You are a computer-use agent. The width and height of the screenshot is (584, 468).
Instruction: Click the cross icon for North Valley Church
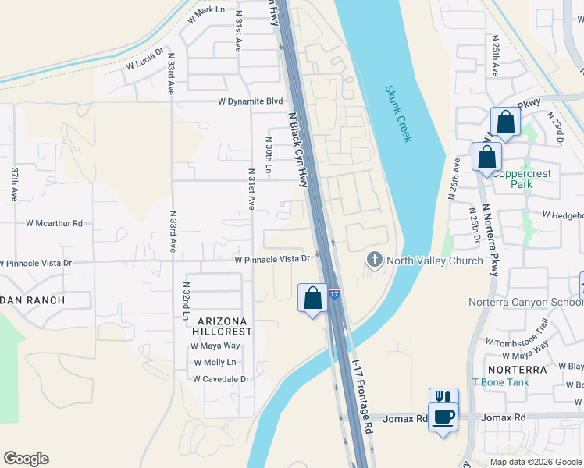click(x=375, y=261)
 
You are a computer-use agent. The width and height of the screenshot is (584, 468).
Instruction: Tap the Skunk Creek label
click(x=397, y=114)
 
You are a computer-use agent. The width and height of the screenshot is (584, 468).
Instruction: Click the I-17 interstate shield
click(x=333, y=294)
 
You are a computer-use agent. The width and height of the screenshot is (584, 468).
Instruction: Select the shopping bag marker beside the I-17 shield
click(x=312, y=298)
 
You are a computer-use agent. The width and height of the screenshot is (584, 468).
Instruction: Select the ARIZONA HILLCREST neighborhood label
click(x=224, y=326)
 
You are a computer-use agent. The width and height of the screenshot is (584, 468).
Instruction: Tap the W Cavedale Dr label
click(x=221, y=379)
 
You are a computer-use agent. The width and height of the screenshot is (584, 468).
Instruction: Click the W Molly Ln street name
click(x=215, y=363)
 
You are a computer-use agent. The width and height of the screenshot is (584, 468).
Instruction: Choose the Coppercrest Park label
click(x=522, y=179)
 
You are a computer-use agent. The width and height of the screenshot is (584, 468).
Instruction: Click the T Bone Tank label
click(x=500, y=382)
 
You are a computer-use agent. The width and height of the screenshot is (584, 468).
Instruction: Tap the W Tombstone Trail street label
click(x=517, y=332)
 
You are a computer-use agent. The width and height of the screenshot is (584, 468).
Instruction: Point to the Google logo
click(x=26, y=459)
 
